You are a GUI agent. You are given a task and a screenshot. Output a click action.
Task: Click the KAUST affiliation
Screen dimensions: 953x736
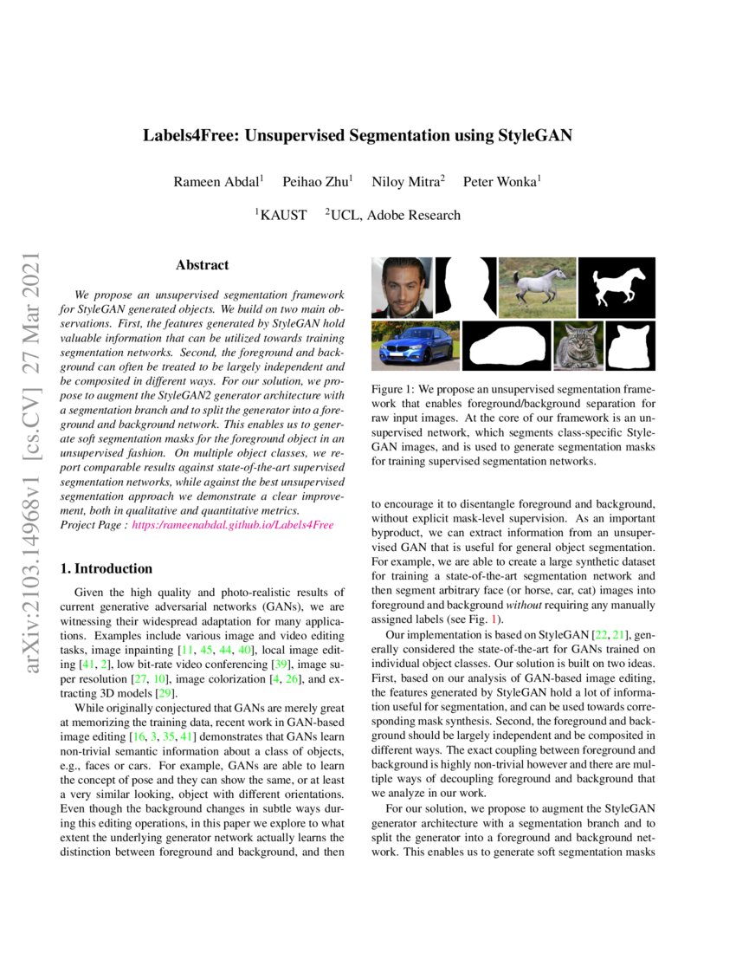(x=281, y=215)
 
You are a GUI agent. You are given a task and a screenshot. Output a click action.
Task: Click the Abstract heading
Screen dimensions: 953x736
(x=202, y=265)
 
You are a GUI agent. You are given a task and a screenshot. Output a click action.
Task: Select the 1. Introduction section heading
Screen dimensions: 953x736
(x=106, y=569)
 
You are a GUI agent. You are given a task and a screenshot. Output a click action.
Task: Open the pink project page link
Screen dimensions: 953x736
(x=232, y=526)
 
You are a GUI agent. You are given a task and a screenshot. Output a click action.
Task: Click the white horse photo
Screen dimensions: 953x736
(x=537, y=287)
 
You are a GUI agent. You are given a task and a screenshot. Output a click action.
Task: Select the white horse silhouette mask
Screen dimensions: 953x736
(x=617, y=287)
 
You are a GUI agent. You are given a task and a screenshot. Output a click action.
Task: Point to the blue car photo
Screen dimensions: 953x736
(x=415, y=346)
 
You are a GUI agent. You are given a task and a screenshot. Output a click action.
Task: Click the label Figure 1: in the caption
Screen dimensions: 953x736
(x=395, y=391)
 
